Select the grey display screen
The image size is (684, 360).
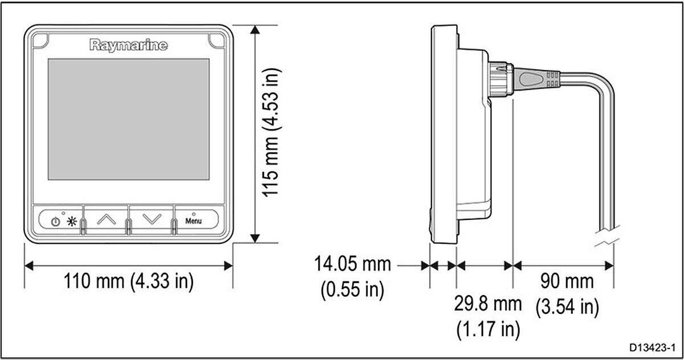pyautogui.click(x=128, y=125)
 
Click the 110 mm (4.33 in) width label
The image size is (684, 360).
pyautogui.click(x=128, y=281)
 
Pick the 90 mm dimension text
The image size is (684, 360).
pyautogui.click(x=567, y=281)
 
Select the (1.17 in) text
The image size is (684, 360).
pyautogui.click(x=487, y=328)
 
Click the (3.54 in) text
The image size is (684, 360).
pyautogui.click(x=567, y=307)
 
